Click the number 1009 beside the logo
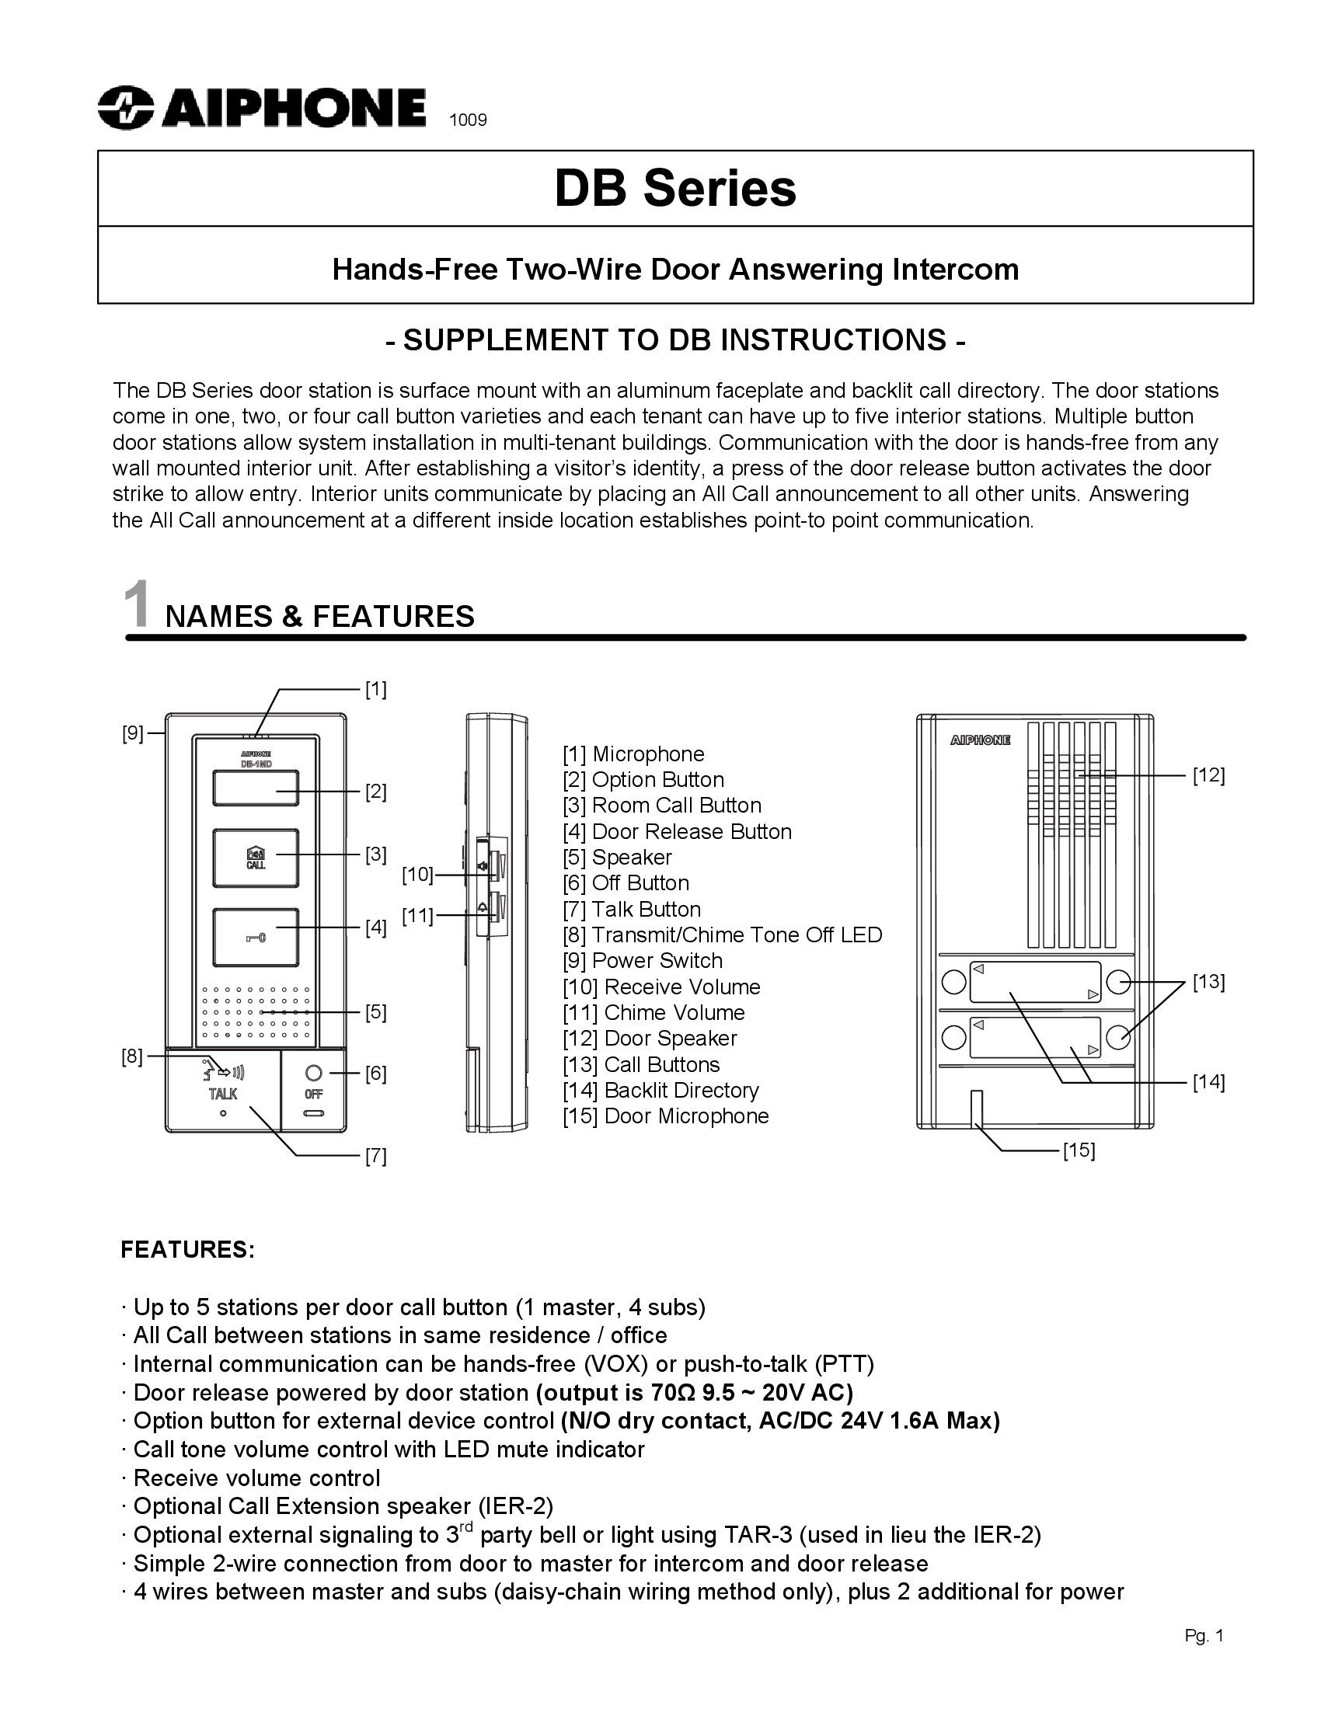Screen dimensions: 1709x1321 coord(467,120)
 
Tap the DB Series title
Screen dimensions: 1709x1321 coord(674,189)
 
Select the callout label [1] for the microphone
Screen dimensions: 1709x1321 coord(375,689)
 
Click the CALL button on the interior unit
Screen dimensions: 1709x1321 coord(255,858)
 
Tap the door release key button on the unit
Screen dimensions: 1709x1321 coord(255,938)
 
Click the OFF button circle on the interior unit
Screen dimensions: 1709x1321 coord(314,1073)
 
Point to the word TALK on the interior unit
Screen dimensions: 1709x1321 coord(223,1094)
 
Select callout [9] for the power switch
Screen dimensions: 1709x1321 coord(132,733)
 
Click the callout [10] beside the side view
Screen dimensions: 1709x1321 coord(417,874)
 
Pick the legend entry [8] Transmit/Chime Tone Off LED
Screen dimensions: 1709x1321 coord(722,935)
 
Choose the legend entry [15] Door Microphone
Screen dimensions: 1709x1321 coord(665,1116)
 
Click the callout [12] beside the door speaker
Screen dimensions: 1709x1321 coord(1208,775)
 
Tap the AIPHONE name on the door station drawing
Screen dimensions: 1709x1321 coord(980,740)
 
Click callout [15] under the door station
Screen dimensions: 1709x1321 coord(1079,1150)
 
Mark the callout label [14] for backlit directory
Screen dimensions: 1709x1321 coord(1208,1082)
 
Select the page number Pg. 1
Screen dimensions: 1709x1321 coord(1203,1635)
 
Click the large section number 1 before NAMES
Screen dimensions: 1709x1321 coord(137,605)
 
